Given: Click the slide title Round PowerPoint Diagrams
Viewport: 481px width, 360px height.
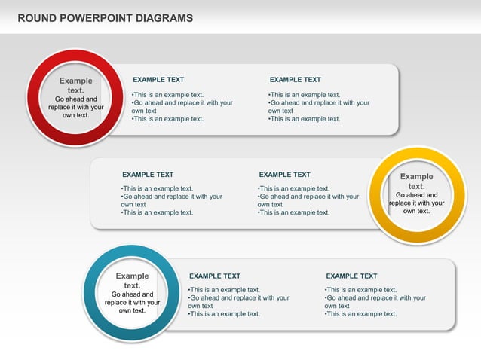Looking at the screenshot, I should pyautogui.click(x=105, y=18).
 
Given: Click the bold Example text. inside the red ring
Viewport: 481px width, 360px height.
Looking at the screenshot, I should pyautogui.click(x=75, y=85).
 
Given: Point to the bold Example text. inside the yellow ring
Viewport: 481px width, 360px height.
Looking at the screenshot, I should pyautogui.click(x=416, y=181).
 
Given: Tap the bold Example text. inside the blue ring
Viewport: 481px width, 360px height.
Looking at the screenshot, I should pyautogui.click(x=132, y=281).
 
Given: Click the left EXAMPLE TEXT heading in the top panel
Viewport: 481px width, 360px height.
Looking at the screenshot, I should pyautogui.click(x=158, y=79).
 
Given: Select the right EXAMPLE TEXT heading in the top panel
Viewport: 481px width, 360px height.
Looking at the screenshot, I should pyautogui.click(x=295, y=79).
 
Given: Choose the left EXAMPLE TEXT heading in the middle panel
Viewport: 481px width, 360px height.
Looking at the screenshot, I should pyautogui.click(x=148, y=175).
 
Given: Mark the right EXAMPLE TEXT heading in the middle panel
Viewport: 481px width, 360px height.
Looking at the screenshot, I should pyautogui.click(x=284, y=175).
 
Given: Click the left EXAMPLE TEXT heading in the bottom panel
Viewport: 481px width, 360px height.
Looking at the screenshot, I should pyautogui.click(x=215, y=276).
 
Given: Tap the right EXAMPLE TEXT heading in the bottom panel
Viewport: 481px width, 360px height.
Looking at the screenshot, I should pyautogui.click(x=351, y=276).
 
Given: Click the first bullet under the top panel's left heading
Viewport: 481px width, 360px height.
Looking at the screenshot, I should pyautogui.click(x=167, y=95).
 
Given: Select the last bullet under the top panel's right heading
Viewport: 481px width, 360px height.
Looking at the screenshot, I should pyautogui.click(x=304, y=119).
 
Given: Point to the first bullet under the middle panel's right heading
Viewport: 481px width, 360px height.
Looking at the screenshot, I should pyautogui.click(x=293, y=189).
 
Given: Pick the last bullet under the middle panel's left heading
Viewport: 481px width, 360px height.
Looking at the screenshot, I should pyautogui.click(x=157, y=212).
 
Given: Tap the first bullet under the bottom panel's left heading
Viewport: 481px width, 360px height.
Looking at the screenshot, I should pyautogui.click(x=224, y=290).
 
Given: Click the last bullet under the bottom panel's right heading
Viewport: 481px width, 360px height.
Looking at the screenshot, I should pyautogui.click(x=360, y=314).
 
